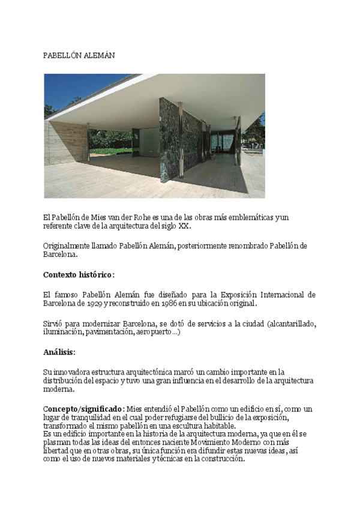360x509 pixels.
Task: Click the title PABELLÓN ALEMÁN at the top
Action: [x=79, y=55]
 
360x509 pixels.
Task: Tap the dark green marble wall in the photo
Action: [x=181, y=141]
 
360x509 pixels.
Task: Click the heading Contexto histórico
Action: [x=78, y=275]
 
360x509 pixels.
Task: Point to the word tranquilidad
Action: [x=89, y=418]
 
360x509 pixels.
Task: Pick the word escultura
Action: [x=185, y=426]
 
